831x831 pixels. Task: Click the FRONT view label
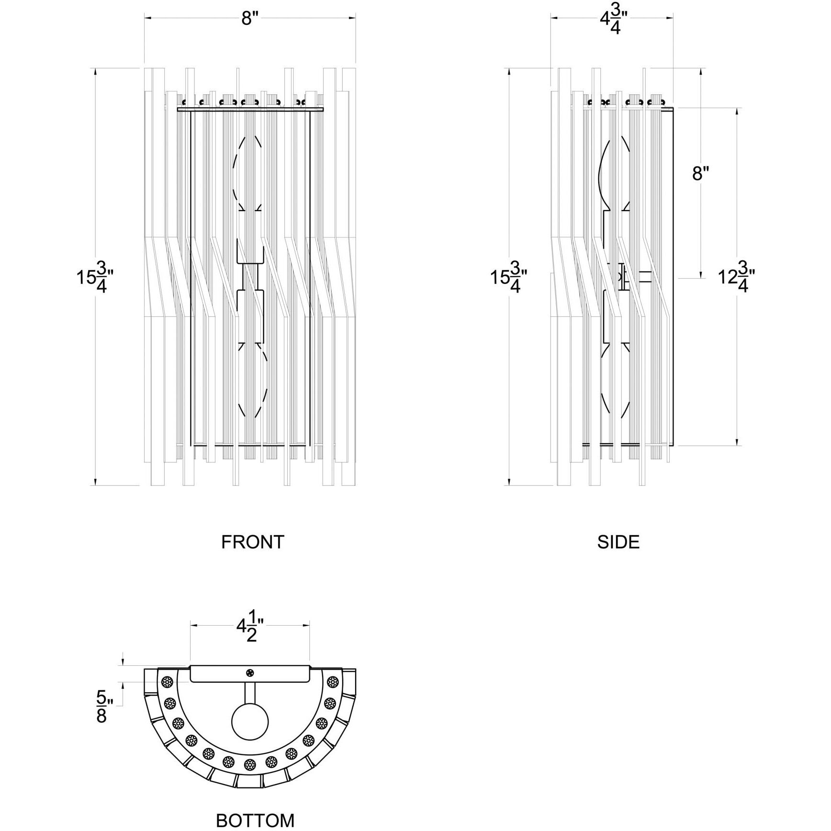pyautogui.click(x=253, y=542)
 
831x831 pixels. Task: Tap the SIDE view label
pyautogui.click(x=618, y=542)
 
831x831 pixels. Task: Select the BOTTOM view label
pyautogui.click(x=255, y=820)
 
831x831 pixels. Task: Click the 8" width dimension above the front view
pyautogui.click(x=249, y=19)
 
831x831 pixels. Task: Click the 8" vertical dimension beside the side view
pyautogui.click(x=700, y=173)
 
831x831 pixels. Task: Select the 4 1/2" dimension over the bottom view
pyautogui.click(x=250, y=629)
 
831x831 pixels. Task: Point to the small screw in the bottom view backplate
pyautogui.click(x=250, y=673)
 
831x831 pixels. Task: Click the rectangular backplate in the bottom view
pyautogui.click(x=249, y=674)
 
